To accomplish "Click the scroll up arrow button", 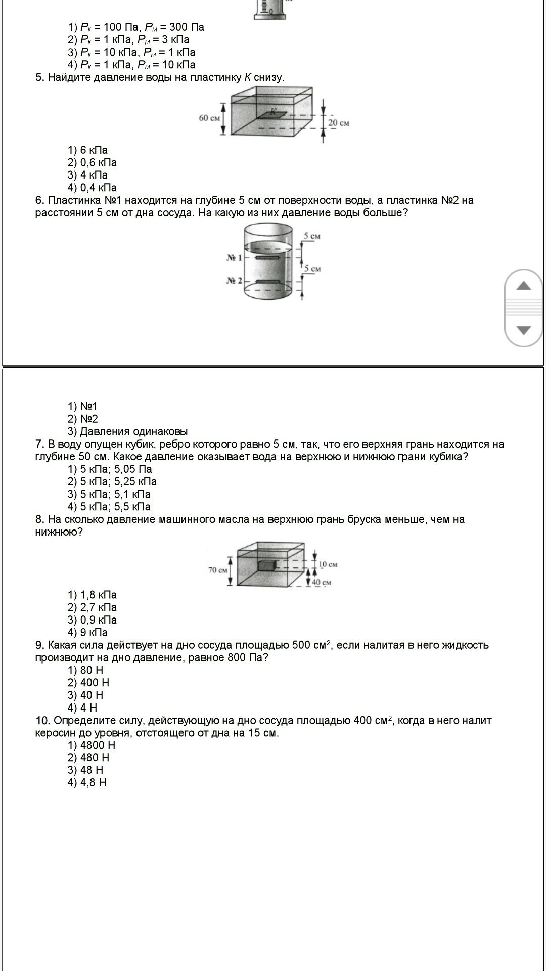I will pos(524,286).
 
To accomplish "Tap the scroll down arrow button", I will pos(524,330).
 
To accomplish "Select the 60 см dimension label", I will pos(209,118).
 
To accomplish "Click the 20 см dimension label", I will pos(338,123).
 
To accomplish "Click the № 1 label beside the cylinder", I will pos(234,258).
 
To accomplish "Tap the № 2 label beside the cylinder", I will pos(234,281).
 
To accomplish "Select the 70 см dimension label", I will pos(218,570).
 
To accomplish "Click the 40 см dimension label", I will pos(322,582).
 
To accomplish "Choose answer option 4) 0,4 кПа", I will pos(93,188).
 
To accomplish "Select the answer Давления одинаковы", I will pos(128,431).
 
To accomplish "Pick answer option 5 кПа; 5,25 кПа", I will pos(112,481).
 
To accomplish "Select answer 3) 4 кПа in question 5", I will pos(88,175).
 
